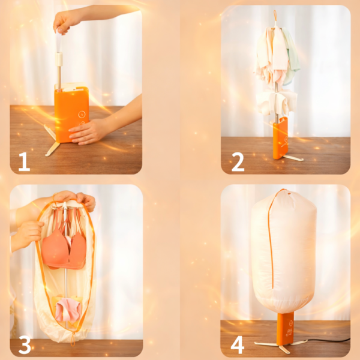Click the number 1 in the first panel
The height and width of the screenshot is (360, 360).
25,161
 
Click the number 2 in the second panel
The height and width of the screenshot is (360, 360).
238,162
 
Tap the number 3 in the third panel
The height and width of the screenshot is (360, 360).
25,344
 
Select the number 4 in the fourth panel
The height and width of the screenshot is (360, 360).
238,345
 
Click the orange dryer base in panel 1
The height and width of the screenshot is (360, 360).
71,113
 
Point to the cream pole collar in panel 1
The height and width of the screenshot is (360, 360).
59,59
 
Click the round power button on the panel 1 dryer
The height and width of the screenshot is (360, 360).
81,114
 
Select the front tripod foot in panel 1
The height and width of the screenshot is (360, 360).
52,149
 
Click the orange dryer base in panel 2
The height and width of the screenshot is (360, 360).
280,138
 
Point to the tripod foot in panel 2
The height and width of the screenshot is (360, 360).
293,158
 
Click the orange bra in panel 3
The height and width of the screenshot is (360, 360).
64,248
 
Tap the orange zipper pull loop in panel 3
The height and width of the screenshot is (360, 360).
73,338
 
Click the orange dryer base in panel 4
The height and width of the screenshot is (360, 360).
286,328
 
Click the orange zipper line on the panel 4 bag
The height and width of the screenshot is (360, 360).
271,239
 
